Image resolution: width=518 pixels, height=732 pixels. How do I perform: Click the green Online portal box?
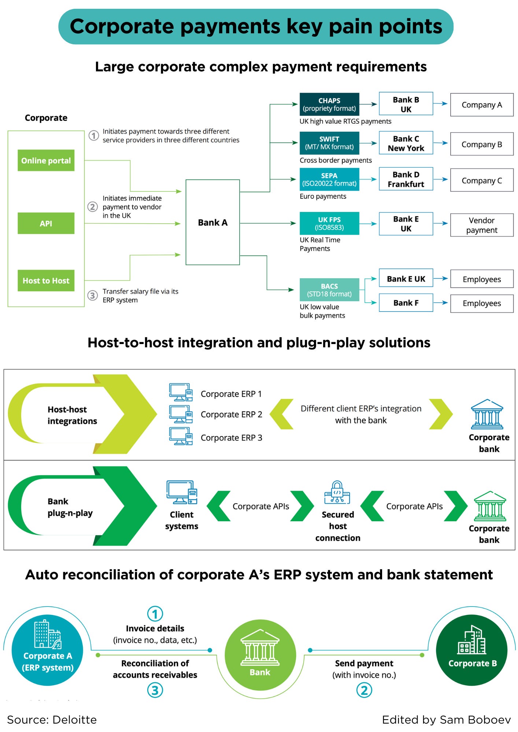[x=46, y=160]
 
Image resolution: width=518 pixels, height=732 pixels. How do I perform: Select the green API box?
[x=46, y=223]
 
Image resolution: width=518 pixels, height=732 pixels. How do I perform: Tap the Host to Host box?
[x=46, y=281]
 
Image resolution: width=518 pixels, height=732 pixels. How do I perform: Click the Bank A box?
[x=212, y=222]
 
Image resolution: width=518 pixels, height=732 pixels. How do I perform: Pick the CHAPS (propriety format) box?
[x=329, y=104]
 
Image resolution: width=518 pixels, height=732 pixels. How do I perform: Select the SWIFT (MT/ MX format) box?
[x=329, y=143]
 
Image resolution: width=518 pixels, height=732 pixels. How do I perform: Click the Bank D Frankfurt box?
[x=406, y=179]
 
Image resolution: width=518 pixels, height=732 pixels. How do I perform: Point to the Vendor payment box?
[x=481, y=225]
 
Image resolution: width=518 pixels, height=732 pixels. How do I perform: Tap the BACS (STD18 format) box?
[x=329, y=290]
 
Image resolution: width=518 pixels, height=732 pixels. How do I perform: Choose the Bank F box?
[x=406, y=303]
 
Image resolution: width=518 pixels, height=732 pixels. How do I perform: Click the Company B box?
[x=481, y=144]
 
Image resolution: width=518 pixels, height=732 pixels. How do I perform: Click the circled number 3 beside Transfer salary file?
[x=93, y=295]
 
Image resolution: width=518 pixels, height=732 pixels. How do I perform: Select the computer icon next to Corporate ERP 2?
[x=181, y=414]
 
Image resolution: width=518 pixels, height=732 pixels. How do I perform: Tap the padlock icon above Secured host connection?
[x=337, y=493]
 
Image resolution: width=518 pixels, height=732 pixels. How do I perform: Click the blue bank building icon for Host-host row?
[x=487, y=414]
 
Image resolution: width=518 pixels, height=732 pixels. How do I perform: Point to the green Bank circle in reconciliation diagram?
[x=260, y=655]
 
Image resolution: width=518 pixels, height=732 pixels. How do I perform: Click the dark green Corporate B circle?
[x=471, y=650]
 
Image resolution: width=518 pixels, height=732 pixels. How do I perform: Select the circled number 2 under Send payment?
[x=364, y=690]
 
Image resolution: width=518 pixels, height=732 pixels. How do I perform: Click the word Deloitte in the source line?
[x=74, y=720]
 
